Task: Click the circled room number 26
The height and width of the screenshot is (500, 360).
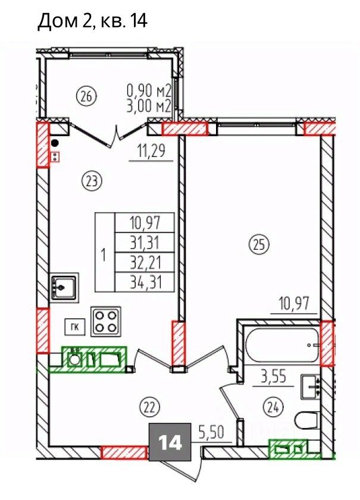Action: (x=86, y=96)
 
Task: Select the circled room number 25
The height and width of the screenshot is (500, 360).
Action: (x=259, y=245)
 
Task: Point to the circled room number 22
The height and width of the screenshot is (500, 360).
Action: (x=149, y=407)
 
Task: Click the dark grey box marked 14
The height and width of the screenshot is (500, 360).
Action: (x=170, y=442)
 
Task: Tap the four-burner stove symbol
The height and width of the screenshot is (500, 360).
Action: (x=106, y=322)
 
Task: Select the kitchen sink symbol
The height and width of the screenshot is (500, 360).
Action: (x=64, y=288)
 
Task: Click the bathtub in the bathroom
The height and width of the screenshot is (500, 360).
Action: (x=283, y=345)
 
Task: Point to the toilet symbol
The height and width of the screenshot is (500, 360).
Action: (x=306, y=420)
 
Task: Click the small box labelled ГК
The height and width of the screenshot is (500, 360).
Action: (x=75, y=327)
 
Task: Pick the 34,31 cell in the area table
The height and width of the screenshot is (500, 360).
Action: (x=145, y=282)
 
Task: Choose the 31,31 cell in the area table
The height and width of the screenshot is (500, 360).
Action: (x=145, y=243)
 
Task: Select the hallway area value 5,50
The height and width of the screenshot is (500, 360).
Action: (x=212, y=432)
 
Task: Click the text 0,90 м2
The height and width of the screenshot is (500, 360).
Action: (x=149, y=92)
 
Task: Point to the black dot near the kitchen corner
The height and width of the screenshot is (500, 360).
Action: (x=55, y=143)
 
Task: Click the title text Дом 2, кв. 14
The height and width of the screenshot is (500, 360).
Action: (x=93, y=22)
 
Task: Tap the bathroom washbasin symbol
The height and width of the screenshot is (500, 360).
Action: (x=311, y=386)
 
